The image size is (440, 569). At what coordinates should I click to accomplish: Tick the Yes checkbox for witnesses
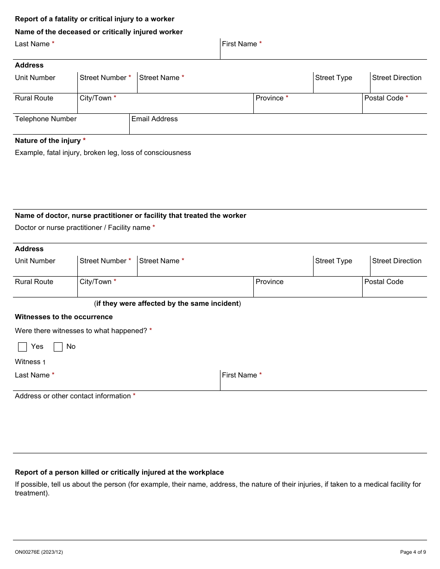coord(23,347)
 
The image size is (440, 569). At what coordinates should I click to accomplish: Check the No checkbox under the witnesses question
coord(58,347)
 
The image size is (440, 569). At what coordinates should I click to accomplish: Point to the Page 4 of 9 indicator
coord(413,552)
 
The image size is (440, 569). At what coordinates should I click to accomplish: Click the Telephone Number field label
coord(46,119)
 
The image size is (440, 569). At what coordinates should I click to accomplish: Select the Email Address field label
coord(154,119)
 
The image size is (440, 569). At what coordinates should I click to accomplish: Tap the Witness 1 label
coord(30,362)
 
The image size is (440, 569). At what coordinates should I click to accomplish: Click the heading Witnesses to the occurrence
coord(64,317)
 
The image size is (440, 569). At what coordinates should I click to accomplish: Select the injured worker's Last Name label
coord(32,44)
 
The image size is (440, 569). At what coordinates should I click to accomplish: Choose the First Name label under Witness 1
coord(239,375)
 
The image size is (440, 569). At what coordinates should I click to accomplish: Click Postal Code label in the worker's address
coord(384,98)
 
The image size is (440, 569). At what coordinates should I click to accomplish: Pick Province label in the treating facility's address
coord(270,282)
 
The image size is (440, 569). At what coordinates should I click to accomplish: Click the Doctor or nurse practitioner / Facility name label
coord(82,228)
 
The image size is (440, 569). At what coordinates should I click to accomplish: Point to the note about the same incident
coord(168,303)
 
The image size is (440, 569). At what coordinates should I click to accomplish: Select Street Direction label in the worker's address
coord(396,78)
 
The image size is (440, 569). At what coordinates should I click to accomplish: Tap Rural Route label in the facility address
coord(34,282)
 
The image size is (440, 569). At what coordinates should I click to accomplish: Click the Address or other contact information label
coord(73,396)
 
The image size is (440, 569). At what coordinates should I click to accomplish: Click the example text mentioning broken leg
coord(103,153)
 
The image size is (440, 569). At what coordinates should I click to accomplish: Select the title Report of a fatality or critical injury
coord(94,19)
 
